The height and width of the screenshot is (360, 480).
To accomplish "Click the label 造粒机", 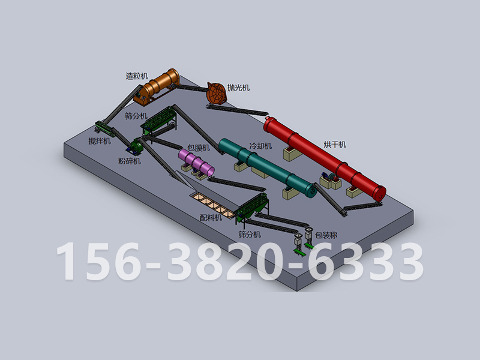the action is tap(137, 76).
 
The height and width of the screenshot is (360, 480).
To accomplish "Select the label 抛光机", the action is tap(238, 88).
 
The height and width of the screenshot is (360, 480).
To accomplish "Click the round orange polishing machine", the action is tap(217, 93).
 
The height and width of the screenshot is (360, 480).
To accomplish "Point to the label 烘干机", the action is tap(335, 145).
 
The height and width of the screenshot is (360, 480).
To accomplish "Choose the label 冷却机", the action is tap(260, 146).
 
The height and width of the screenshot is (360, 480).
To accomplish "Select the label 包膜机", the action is tap(199, 148).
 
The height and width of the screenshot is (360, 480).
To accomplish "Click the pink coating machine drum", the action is tap(196, 162).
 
